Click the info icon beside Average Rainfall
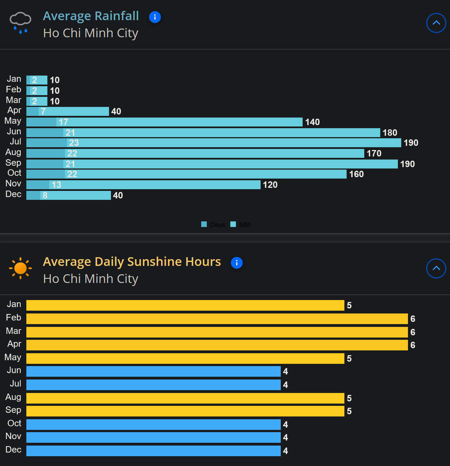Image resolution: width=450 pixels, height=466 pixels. [x=155, y=17]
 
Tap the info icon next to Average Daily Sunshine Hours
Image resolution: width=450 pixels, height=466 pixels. [x=236, y=263]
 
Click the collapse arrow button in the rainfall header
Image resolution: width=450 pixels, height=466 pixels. [x=436, y=23]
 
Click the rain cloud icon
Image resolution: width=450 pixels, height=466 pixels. [x=20, y=22]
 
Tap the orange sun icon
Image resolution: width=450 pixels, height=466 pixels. [x=20, y=268]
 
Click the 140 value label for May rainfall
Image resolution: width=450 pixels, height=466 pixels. [x=312, y=122]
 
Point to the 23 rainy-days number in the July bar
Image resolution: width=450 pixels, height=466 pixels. [x=74, y=143]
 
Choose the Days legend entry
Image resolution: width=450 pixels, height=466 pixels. [x=214, y=224]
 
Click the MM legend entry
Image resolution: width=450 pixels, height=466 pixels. [x=241, y=224]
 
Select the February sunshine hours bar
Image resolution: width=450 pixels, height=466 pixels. [x=217, y=319]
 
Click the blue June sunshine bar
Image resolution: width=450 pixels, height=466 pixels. [x=153, y=371]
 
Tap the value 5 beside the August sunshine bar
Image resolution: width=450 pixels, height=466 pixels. [x=349, y=398]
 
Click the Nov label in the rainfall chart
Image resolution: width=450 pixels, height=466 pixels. [x=13, y=184]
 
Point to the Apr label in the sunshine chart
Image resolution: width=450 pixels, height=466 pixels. [x=14, y=344]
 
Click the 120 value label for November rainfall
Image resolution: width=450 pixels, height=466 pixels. [x=270, y=185]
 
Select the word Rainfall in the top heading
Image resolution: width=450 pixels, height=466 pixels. [x=117, y=16]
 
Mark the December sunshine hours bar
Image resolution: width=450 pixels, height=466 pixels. [x=153, y=451]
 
